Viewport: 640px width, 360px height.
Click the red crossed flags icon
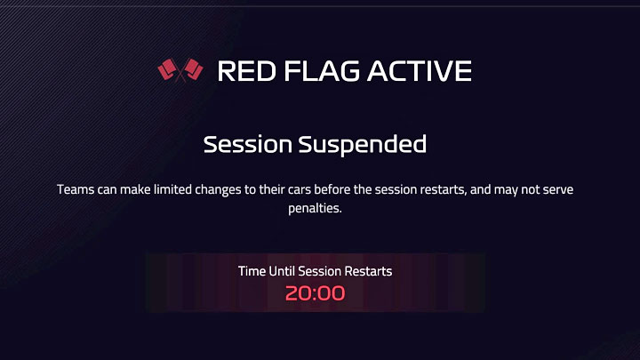180,70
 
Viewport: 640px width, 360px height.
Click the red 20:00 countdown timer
315,293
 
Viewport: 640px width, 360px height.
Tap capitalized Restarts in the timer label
369,270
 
